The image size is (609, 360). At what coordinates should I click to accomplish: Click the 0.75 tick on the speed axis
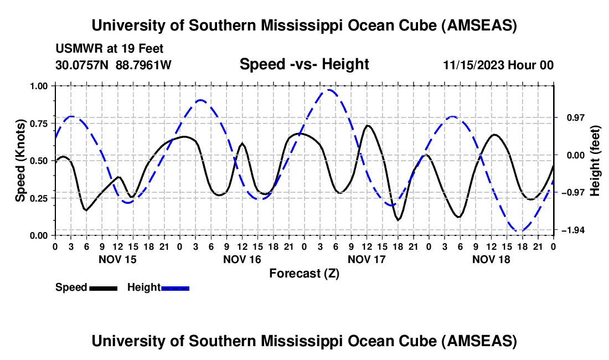point(39,123)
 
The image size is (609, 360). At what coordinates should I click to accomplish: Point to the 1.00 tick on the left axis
point(39,86)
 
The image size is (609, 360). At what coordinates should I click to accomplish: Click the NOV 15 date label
point(117,259)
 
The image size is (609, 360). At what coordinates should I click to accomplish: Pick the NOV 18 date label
point(491,259)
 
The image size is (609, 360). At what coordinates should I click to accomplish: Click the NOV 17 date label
point(366,259)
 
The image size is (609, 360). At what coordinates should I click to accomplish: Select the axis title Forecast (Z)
point(304,273)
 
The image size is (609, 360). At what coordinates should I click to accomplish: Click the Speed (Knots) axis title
point(20,160)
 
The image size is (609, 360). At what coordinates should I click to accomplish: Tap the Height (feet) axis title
point(596,160)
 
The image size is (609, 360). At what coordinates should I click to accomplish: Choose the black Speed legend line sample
point(103,288)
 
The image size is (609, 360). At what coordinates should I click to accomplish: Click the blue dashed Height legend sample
point(175,288)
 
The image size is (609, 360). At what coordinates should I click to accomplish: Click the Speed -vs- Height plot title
point(304,64)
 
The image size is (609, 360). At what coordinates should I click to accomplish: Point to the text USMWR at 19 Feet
point(109,49)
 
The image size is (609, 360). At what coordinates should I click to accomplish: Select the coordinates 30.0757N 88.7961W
point(113,65)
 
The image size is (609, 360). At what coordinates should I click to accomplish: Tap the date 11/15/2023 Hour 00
point(498,65)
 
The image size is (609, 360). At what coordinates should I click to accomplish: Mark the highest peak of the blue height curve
point(330,90)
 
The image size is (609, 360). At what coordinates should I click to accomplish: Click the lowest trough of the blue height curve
point(520,230)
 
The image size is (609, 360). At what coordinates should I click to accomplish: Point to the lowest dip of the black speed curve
point(398,220)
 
